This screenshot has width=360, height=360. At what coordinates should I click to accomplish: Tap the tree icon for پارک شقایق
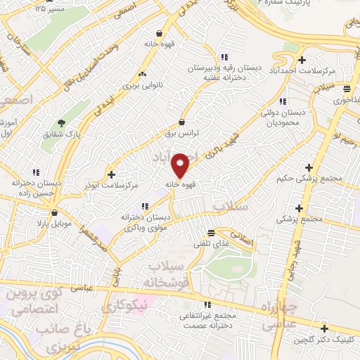[x=61, y=122]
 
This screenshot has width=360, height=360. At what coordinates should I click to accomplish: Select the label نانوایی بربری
[x=143, y=84]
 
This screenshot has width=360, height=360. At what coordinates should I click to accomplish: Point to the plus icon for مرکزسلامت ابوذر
[x=110, y=174]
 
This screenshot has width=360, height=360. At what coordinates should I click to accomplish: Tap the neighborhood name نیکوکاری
[x=125, y=306]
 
